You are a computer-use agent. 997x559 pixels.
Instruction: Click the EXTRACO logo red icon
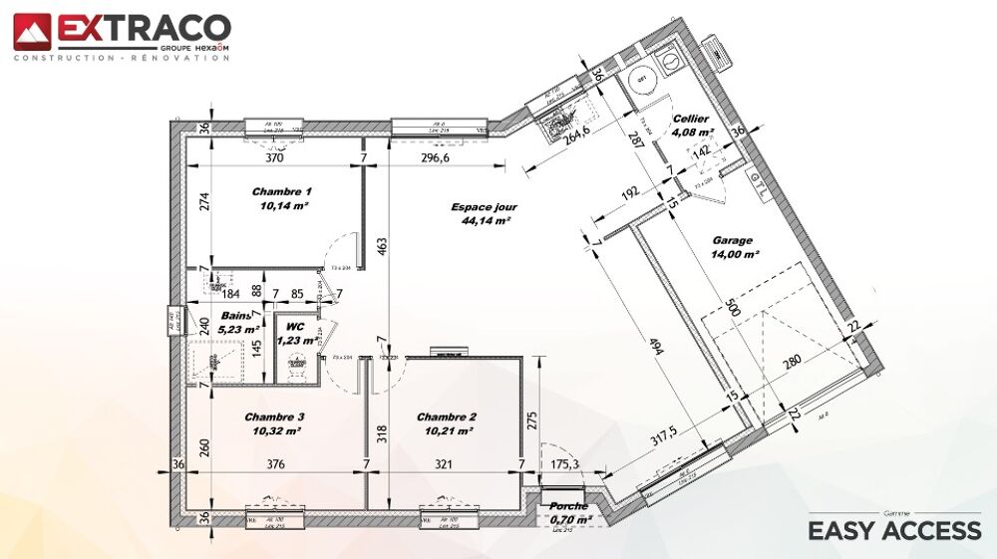(x=32, y=31)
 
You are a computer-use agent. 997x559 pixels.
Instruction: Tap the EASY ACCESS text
(x=894, y=530)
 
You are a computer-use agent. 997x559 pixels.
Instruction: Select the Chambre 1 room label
(x=281, y=191)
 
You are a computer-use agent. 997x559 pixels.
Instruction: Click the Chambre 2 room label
(x=446, y=417)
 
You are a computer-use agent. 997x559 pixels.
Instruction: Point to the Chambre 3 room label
(x=274, y=417)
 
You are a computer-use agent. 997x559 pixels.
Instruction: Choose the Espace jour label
(x=484, y=207)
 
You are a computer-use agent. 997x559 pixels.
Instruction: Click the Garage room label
(x=733, y=240)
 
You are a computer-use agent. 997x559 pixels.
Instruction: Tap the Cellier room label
(x=690, y=119)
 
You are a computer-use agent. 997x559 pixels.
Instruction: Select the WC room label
(x=294, y=327)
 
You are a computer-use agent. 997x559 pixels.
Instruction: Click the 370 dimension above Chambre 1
(x=274, y=157)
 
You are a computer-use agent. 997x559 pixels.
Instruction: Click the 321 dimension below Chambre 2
(x=444, y=463)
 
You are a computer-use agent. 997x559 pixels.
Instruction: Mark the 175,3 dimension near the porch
(x=564, y=463)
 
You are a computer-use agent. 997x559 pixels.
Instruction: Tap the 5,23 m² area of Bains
(x=239, y=328)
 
